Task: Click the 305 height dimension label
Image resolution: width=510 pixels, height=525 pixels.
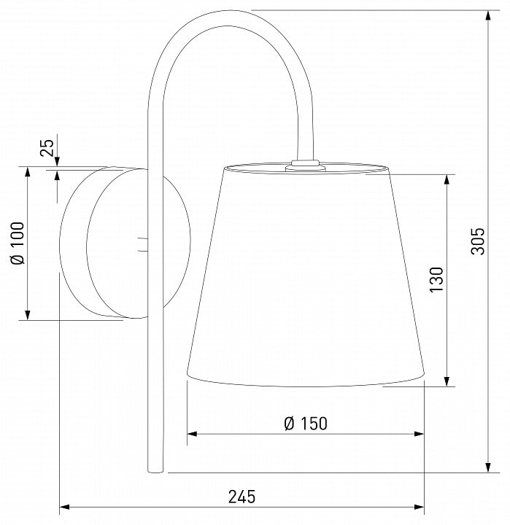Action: click(x=478, y=241)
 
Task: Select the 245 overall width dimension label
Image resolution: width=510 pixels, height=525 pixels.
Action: click(x=242, y=497)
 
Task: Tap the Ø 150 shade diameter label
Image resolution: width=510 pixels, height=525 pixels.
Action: click(x=305, y=424)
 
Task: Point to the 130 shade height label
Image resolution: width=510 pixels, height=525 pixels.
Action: click(x=436, y=279)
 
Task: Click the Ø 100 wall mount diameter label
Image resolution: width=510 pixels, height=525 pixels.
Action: click(x=18, y=243)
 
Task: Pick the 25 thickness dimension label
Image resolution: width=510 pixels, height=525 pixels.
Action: click(x=47, y=147)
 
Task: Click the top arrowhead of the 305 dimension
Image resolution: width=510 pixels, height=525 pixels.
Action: click(x=489, y=15)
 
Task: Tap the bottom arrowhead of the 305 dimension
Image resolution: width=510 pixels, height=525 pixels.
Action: click(x=489, y=467)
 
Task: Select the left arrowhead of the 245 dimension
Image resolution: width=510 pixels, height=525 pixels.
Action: click(x=64, y=507)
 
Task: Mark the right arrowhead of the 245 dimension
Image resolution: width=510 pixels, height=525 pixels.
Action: click(x=420, y=507)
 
